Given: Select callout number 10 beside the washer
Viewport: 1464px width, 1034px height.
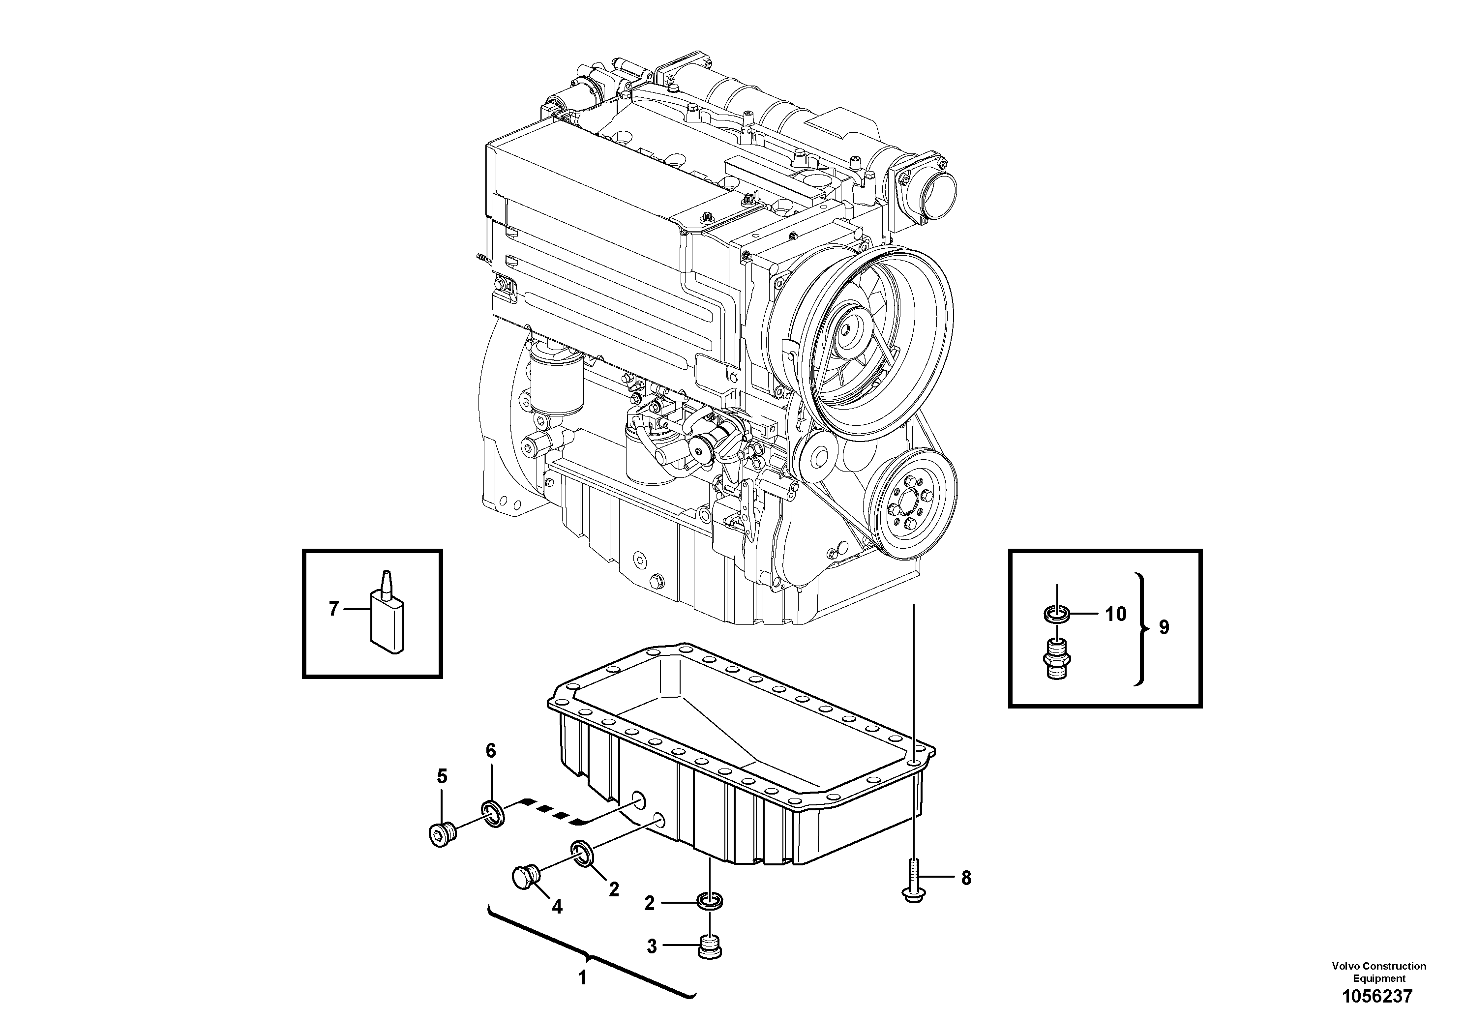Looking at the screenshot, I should point(1115,615).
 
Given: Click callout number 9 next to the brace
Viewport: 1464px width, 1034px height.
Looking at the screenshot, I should point(1165,628).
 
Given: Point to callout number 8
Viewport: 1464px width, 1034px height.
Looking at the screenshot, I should point(966,879).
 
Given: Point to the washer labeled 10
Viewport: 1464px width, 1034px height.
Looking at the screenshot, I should point(1056,616).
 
